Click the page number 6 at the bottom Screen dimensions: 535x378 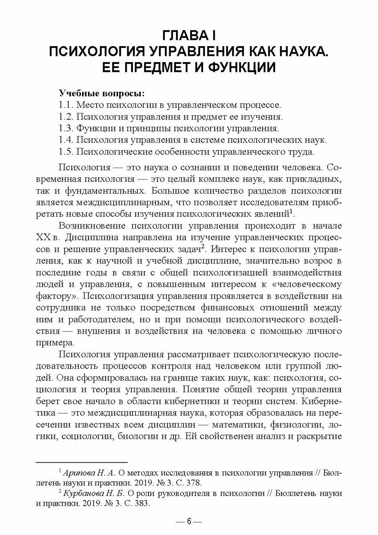(189, 521)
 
